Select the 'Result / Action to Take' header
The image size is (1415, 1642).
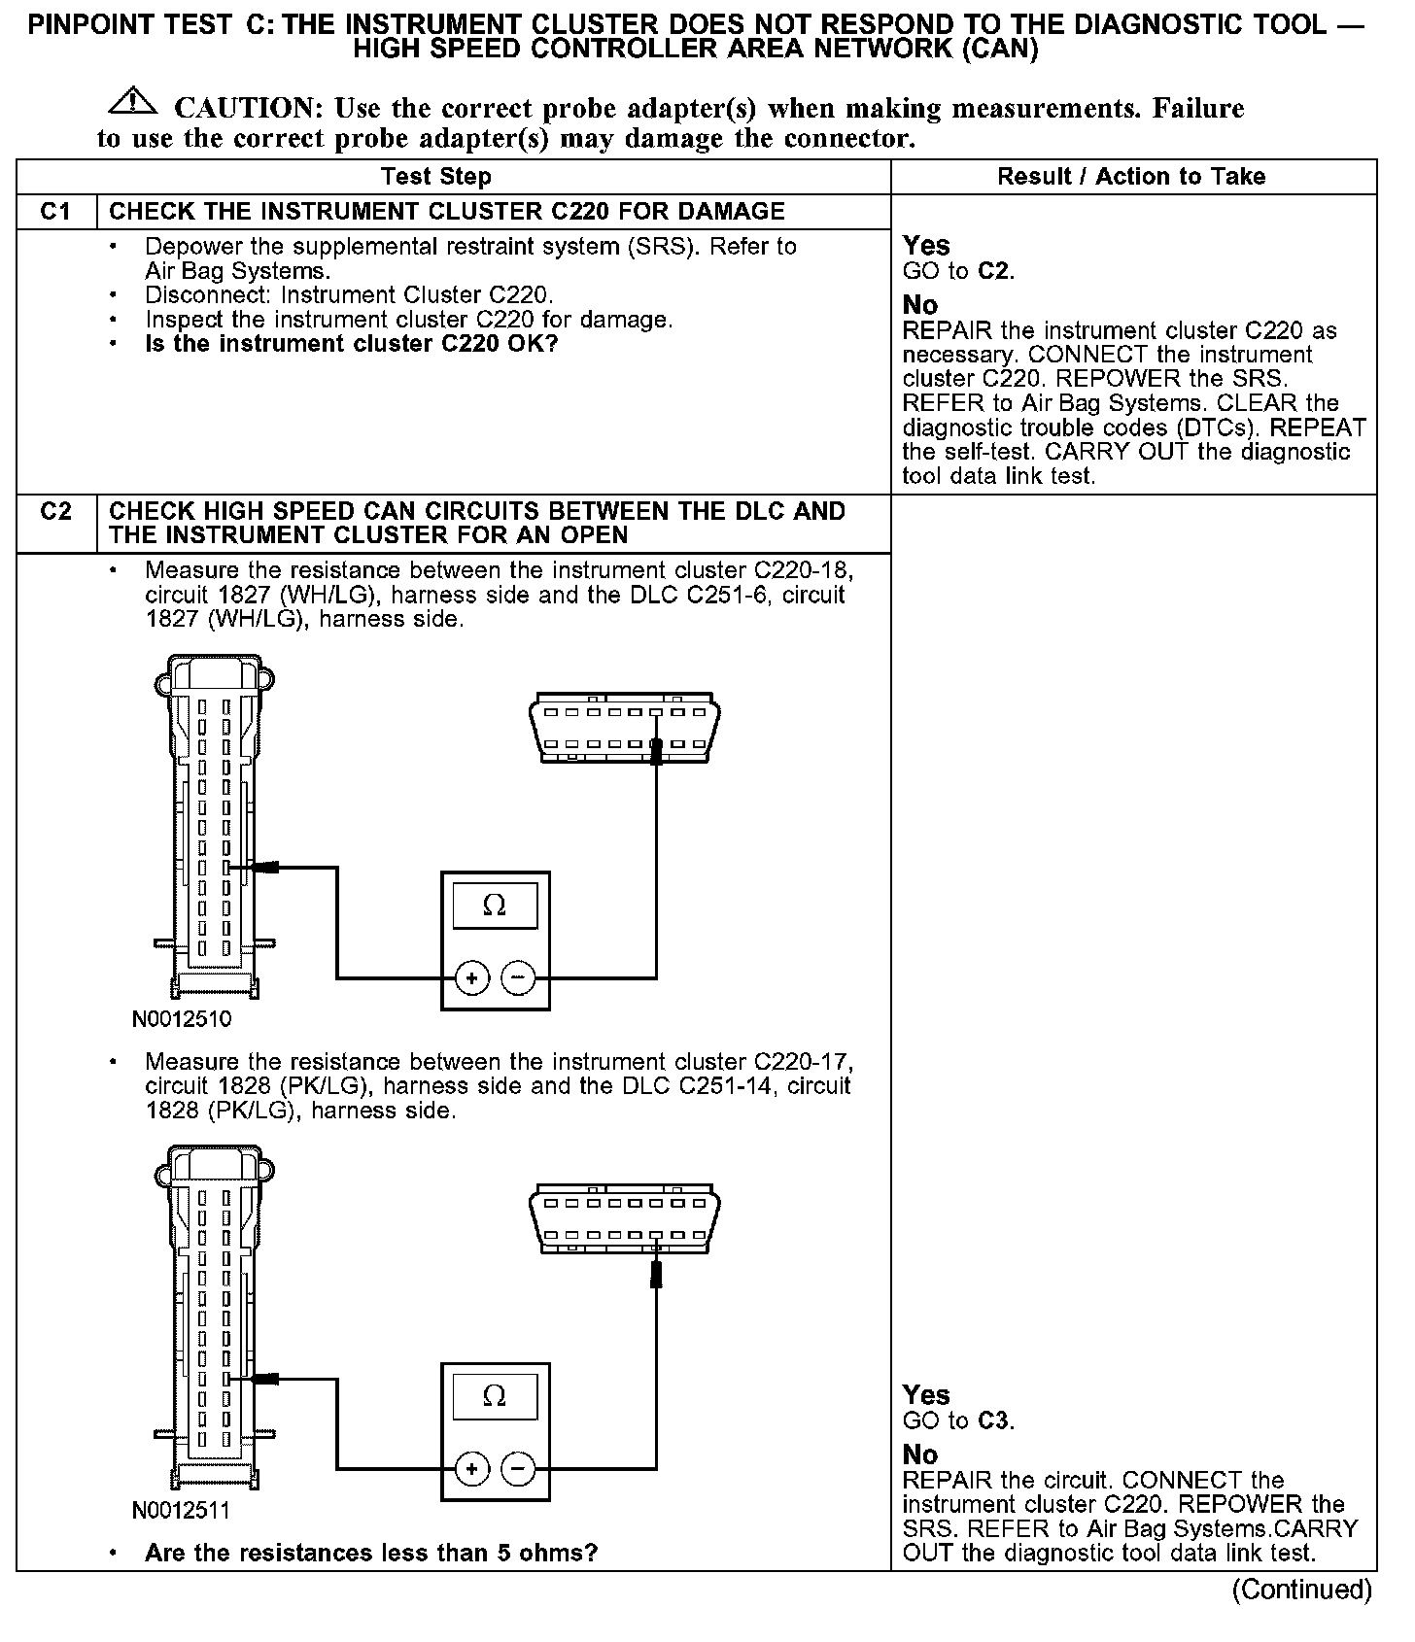coord(1131,177)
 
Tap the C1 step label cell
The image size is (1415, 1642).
coord(56,212)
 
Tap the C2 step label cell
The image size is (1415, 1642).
coord(56,512)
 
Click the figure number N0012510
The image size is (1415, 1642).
coord(182,1020)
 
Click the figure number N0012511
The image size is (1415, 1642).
coord(182,1511)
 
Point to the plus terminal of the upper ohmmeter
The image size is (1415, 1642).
coord(472,977)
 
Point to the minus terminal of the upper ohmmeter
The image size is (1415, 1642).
coord(518,977)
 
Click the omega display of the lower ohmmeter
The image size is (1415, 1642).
coord(495,1397)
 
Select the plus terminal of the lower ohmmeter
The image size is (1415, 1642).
coord(472,1467)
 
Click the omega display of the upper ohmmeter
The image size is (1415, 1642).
coord(495,907)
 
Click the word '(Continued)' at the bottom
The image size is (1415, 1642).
coord(1301,1590)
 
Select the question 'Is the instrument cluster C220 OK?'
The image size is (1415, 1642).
coord(351,344)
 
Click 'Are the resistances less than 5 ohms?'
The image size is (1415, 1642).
coord(370,1553)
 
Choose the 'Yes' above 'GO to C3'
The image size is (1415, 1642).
coord(926,1395)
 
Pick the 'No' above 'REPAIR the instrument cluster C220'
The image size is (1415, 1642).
coord(919,305)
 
